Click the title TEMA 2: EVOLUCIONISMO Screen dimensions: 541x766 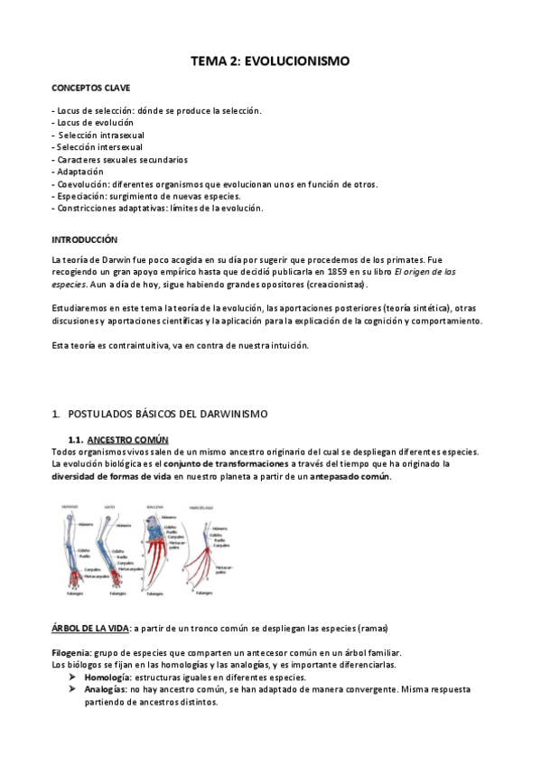(x=269, y=61)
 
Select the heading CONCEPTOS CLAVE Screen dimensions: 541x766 (x=90, y=88)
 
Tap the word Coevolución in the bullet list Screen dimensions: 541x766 (x=80, y=183)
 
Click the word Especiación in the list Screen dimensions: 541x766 (x=79, y=196)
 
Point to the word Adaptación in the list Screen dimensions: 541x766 (x=79, y=172)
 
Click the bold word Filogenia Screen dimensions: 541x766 (x=71, y=652)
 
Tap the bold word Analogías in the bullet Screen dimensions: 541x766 (x=107, y=688)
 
